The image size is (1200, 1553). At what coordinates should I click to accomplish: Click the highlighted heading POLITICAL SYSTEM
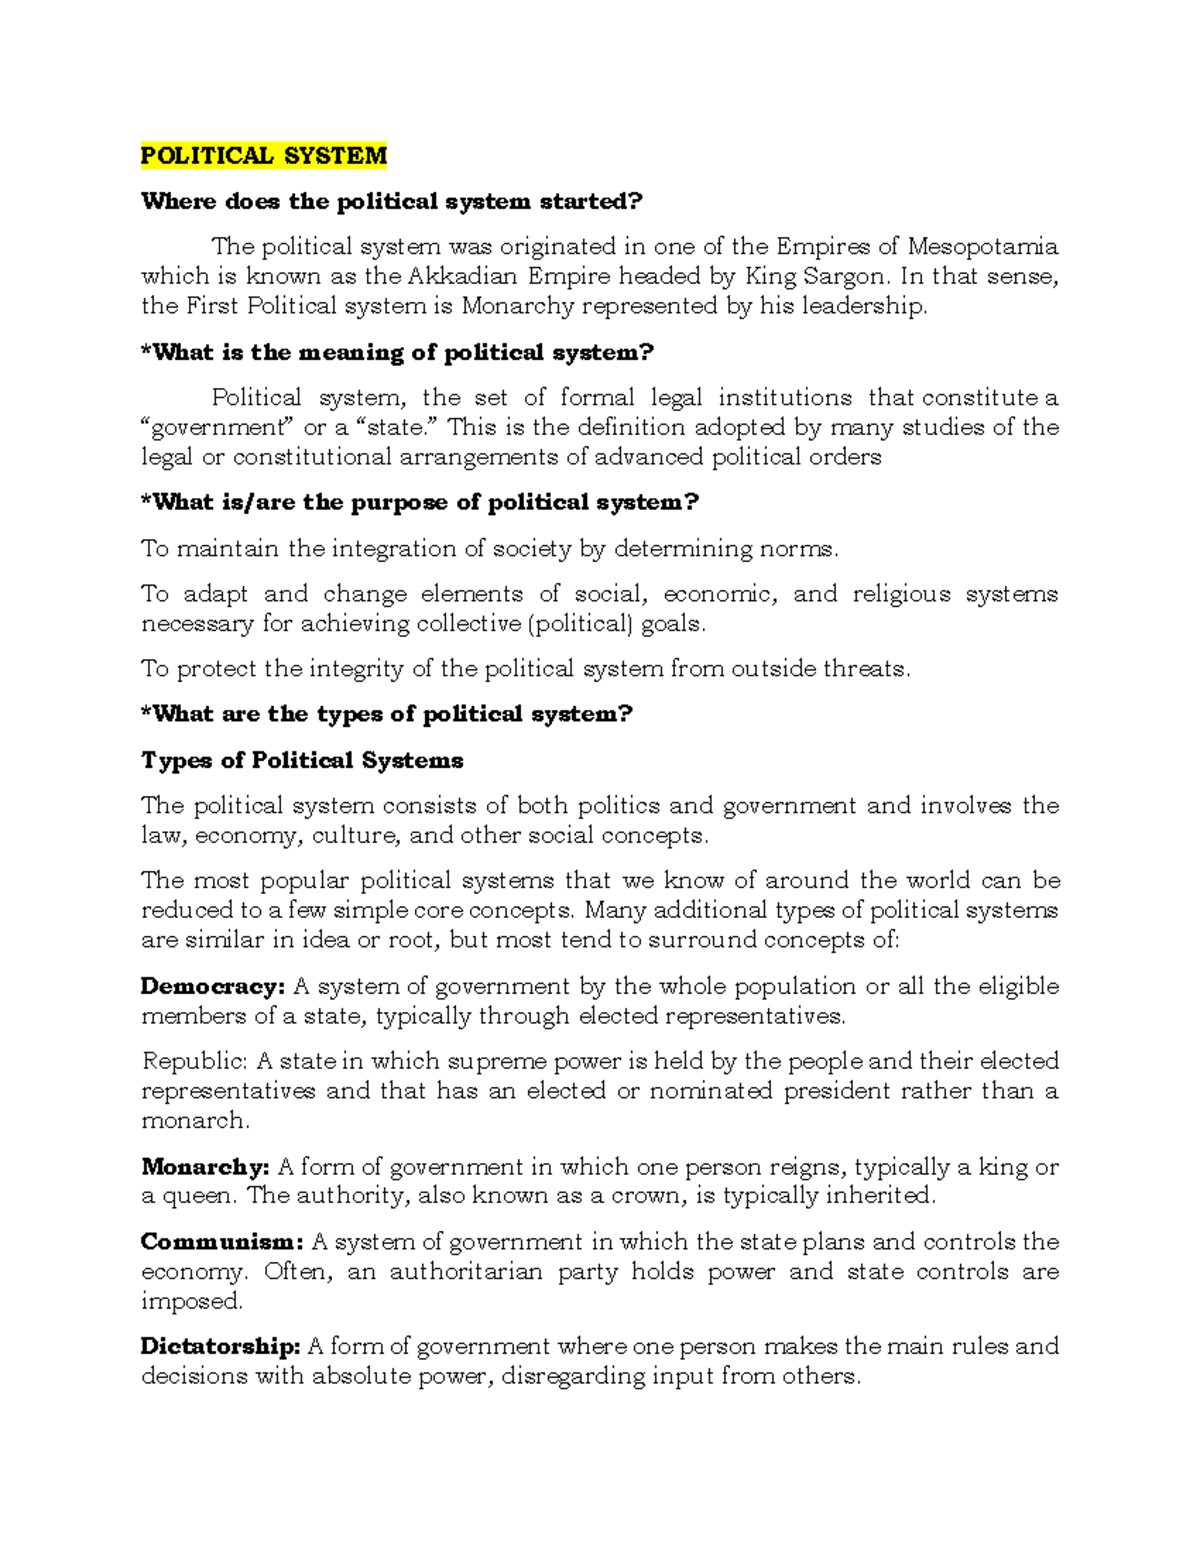[x=263, y=156]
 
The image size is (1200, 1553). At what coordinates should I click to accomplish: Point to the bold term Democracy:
[x=213, y=986]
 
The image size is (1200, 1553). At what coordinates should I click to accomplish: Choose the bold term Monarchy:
[x=205, y=1167]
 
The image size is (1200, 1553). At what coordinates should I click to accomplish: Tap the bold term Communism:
[x=221, y=1242]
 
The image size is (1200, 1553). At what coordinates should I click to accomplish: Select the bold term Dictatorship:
[x=220, y=1347]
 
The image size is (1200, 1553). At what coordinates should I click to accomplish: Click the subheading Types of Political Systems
[x=302, y=761]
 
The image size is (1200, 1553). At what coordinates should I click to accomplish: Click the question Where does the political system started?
[x=391, y=202]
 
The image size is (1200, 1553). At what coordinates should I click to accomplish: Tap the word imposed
[x=190, y=1302]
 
